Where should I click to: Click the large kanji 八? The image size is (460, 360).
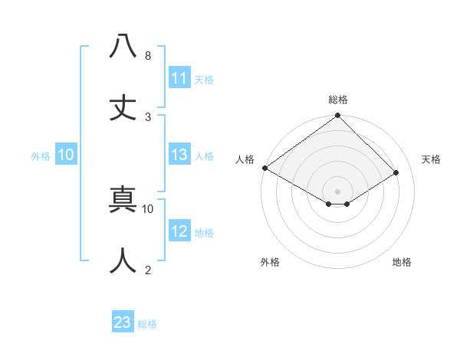123,47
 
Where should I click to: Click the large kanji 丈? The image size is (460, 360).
123,108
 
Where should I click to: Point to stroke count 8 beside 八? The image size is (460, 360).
147,56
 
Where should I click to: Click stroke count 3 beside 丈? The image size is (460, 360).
147,116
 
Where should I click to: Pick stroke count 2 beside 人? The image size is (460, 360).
147,270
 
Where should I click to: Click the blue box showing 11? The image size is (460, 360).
179,77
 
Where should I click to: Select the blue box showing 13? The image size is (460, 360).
179,155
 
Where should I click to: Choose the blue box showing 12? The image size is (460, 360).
179,231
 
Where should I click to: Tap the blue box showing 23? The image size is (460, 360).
123,322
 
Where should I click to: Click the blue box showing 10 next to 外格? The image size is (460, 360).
66,155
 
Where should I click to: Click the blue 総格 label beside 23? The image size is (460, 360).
147,324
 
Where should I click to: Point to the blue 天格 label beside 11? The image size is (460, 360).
204,79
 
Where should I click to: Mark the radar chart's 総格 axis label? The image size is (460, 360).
338,100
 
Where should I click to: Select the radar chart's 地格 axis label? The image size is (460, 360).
402,262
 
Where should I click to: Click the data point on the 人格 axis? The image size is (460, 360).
264,168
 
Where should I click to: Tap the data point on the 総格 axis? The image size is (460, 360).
337,116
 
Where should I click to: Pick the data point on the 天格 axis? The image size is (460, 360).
396,173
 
